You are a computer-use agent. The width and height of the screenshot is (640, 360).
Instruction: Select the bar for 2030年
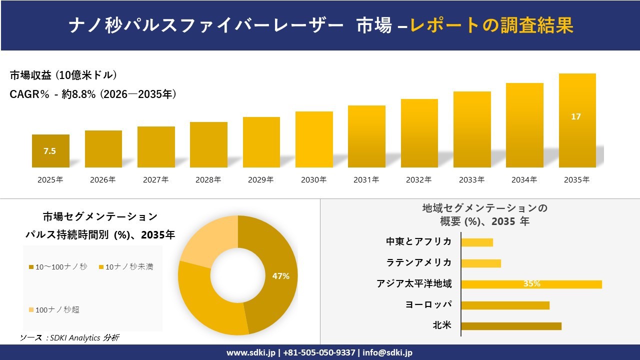(x=314, y=139)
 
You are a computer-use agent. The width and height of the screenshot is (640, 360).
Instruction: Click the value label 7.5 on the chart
(x=49, y=151)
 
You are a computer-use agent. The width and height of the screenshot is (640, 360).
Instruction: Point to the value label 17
(x=576, y=116)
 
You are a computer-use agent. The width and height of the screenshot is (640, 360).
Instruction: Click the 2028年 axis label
(x=208, y=180)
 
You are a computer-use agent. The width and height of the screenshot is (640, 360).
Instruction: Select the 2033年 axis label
(x=471, y=180)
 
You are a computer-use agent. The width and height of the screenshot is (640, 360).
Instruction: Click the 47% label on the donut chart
(x=280, y=276)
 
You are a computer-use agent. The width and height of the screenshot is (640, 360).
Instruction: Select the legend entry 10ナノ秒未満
(x=129, y=267)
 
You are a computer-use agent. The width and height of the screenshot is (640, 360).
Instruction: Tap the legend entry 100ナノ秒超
(x=57, y=310)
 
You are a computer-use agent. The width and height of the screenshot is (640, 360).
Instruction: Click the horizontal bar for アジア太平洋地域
(x=531, y=284)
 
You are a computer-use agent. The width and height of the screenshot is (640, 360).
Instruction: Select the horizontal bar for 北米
(x=511, y=326)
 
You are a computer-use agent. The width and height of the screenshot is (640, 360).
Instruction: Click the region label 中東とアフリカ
(x=418, y=242)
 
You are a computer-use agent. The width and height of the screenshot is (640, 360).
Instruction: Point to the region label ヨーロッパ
(x=428, y=305)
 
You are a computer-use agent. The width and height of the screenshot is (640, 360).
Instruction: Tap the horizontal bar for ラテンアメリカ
(x=480, y=263)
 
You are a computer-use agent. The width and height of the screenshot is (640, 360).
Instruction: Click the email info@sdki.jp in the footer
(x=387, y=352)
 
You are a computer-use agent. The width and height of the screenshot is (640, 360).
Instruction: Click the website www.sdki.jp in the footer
(x=250, y=352)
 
